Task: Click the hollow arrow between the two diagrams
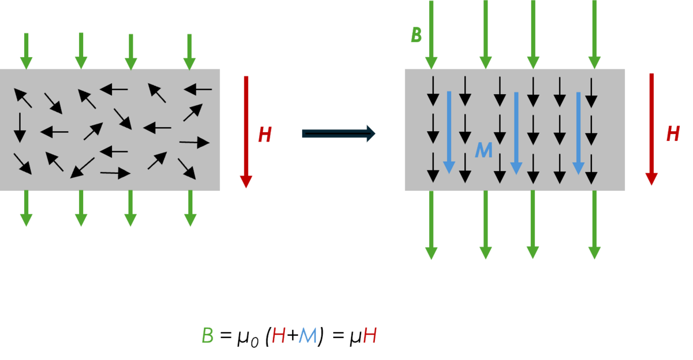coord(338,133)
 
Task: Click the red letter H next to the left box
coord(264,135)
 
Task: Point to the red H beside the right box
coord(673,134)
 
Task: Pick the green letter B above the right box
coord(416,35)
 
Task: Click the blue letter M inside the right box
coord(483,150)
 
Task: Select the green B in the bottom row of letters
coord(207,336)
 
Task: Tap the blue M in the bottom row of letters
coord(308,336)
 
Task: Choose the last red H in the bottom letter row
coord(370,336)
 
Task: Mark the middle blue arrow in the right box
coord(516,133)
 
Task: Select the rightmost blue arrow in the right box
coord(578,133)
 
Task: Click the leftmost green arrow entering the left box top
coord(26,51)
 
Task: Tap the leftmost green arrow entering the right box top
coord(431,35)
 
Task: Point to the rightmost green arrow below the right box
coord(594,225)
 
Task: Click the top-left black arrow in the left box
coord(23,98)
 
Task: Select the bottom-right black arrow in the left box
coord(187,168)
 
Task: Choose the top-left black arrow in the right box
coord(433,91)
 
